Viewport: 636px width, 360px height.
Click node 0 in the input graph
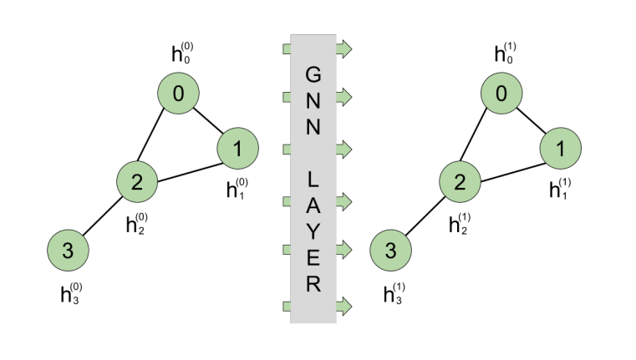[x=178, y=95]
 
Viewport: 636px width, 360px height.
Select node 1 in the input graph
[x=237, y=150]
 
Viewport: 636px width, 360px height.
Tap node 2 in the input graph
[x=137, y=182]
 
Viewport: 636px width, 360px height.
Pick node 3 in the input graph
[x=69, y=250]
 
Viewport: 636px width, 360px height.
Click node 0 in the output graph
[x=501, y=95]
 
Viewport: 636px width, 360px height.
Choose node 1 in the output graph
[x=560, y=150]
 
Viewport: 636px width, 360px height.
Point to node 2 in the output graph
[x=460, y=182]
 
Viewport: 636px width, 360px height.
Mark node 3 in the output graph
[x=391, y=250]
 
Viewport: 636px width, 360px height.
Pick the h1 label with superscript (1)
[x=560, y=190]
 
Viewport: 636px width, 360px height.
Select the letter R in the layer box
[x=313, y=284]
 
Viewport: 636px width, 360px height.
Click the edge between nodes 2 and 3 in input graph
[x=103, y=216]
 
